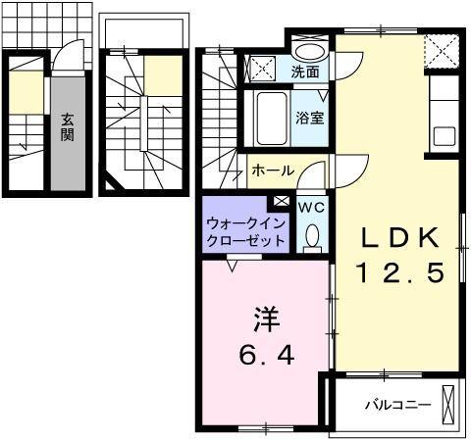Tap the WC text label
point(310,207)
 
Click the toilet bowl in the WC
point(312,234)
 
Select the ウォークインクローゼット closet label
point(246,231)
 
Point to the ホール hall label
point(272,171)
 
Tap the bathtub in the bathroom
point(271,119)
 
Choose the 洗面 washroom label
point(305,72)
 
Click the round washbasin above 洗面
point(312,52)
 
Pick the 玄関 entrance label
point(67,126)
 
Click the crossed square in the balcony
point(449,403)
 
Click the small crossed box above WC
point(283,201)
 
